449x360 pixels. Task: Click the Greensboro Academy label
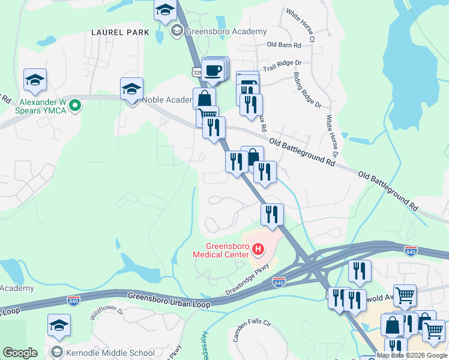[226, 31]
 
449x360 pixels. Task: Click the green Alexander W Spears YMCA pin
[75, 106]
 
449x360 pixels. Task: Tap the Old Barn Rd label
[283, 45]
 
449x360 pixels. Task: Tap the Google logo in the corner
[20, 353]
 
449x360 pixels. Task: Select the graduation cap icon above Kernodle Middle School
[59, 325]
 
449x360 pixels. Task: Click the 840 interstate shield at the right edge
[411, 250]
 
